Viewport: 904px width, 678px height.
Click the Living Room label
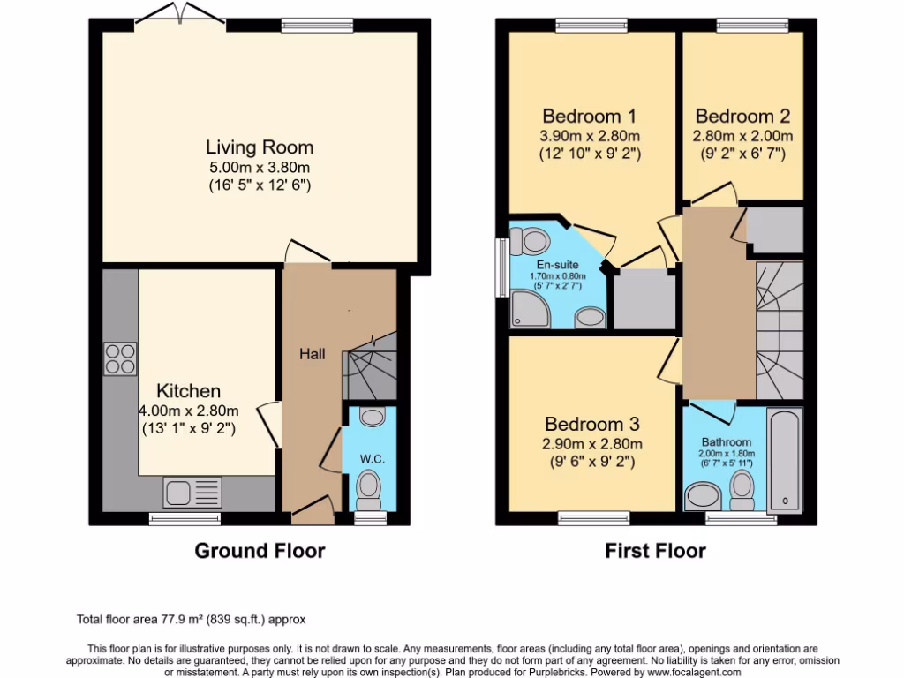pos(260,147)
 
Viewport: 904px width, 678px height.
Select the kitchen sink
pos(192,490)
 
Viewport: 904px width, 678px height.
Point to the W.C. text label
pos(372,460)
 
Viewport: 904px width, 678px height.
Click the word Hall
pos(311,354)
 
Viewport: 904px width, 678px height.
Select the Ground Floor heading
pos(260,552)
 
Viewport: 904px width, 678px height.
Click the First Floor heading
pos(655,552)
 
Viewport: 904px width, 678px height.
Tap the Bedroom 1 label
pos(589,116)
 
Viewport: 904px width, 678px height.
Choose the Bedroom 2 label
pos(742,116)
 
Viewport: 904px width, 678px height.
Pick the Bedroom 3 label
pos(591,424)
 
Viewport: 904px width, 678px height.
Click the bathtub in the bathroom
pos(785,458)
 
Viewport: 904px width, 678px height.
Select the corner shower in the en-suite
pos(527,308)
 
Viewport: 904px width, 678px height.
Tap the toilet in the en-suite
pos(531,239)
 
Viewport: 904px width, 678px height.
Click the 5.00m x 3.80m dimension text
pos(260,168)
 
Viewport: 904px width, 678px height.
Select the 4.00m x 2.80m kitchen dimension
pos(189,411)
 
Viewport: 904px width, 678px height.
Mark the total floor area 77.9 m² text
pos(192,620)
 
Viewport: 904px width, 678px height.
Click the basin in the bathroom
pos(704,495)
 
